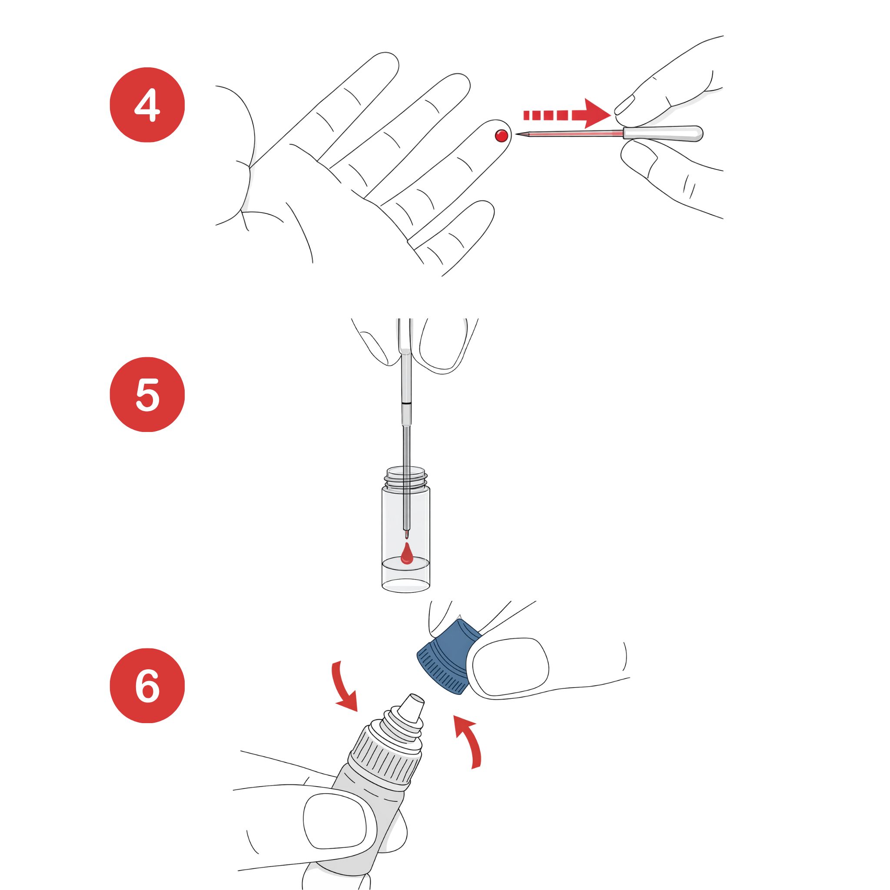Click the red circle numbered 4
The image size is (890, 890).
(147, 105)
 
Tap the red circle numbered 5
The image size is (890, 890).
(147, 394)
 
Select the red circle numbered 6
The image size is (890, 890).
(147, 685)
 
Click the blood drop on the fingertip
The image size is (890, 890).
(501, 136)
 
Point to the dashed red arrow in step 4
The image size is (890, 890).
(567, 113)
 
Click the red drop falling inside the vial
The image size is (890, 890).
(406, 554)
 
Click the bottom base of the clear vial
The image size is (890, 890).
(406, 585)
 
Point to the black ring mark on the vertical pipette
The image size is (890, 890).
(405, 403)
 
